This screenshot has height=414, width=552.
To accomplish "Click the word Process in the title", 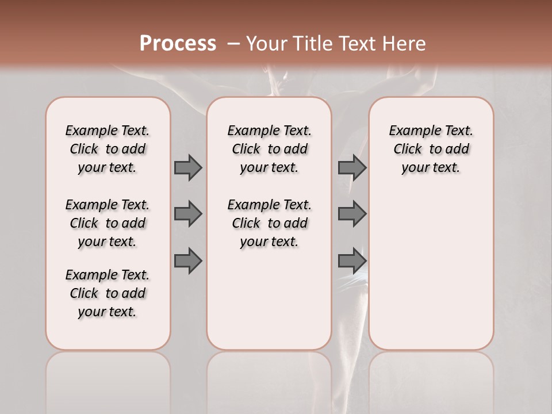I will [x=178, y=44].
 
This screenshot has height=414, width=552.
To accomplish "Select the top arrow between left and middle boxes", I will [x=188, y=168].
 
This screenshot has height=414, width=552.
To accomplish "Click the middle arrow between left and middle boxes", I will [x=188, y=214].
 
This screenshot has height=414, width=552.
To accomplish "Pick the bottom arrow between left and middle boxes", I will [x=188, y=261].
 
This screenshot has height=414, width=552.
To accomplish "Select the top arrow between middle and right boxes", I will [x=352, y=168].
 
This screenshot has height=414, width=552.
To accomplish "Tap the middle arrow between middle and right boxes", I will [x=352, y=214].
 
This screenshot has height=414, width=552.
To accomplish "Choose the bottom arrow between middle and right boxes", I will [x=352, y=261].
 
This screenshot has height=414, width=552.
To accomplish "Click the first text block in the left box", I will [x=108, y=149].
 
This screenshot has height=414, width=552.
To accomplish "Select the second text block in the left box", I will [x=108, y=223].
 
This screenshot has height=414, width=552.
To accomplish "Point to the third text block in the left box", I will [x=108, y=293].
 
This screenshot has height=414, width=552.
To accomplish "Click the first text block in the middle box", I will [x=269, y=149].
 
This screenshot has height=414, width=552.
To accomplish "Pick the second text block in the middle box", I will [x=269, y=223].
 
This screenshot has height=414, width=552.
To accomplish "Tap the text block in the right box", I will [x=431, y=149].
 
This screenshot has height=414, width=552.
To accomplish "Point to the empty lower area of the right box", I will [x=431, y=270].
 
